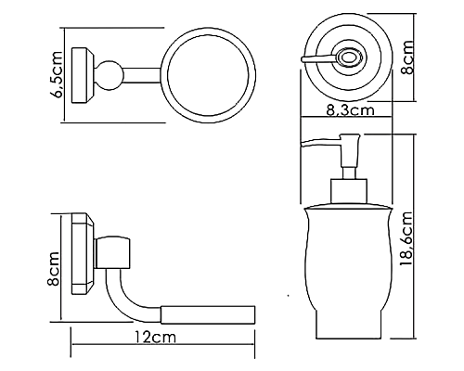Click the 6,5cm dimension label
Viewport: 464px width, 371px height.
click(x=58, y=75)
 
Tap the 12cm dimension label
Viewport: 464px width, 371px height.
click(x=155, y=337)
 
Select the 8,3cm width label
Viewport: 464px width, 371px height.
click(x=351, y=109)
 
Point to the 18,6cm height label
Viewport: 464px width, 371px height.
click(x=406, y=238)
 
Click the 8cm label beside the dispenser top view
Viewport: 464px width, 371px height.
click(x=407, y=58)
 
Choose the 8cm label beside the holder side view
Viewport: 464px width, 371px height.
click(x=53, y=269)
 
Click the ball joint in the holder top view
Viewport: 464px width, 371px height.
click(x=110, y=75)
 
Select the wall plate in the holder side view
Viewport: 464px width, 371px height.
click(x=84, y=254)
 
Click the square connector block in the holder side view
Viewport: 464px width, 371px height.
click(x=112, y=253)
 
